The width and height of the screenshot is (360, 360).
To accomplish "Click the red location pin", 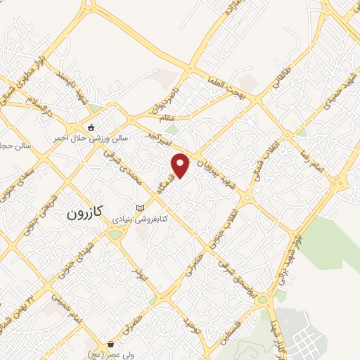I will (181, 165).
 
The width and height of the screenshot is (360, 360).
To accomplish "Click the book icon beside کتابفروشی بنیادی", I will (141, 207).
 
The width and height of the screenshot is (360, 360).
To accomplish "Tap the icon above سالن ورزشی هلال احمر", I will (91, 127).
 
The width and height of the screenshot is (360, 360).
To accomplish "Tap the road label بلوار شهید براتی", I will (285, 268).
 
